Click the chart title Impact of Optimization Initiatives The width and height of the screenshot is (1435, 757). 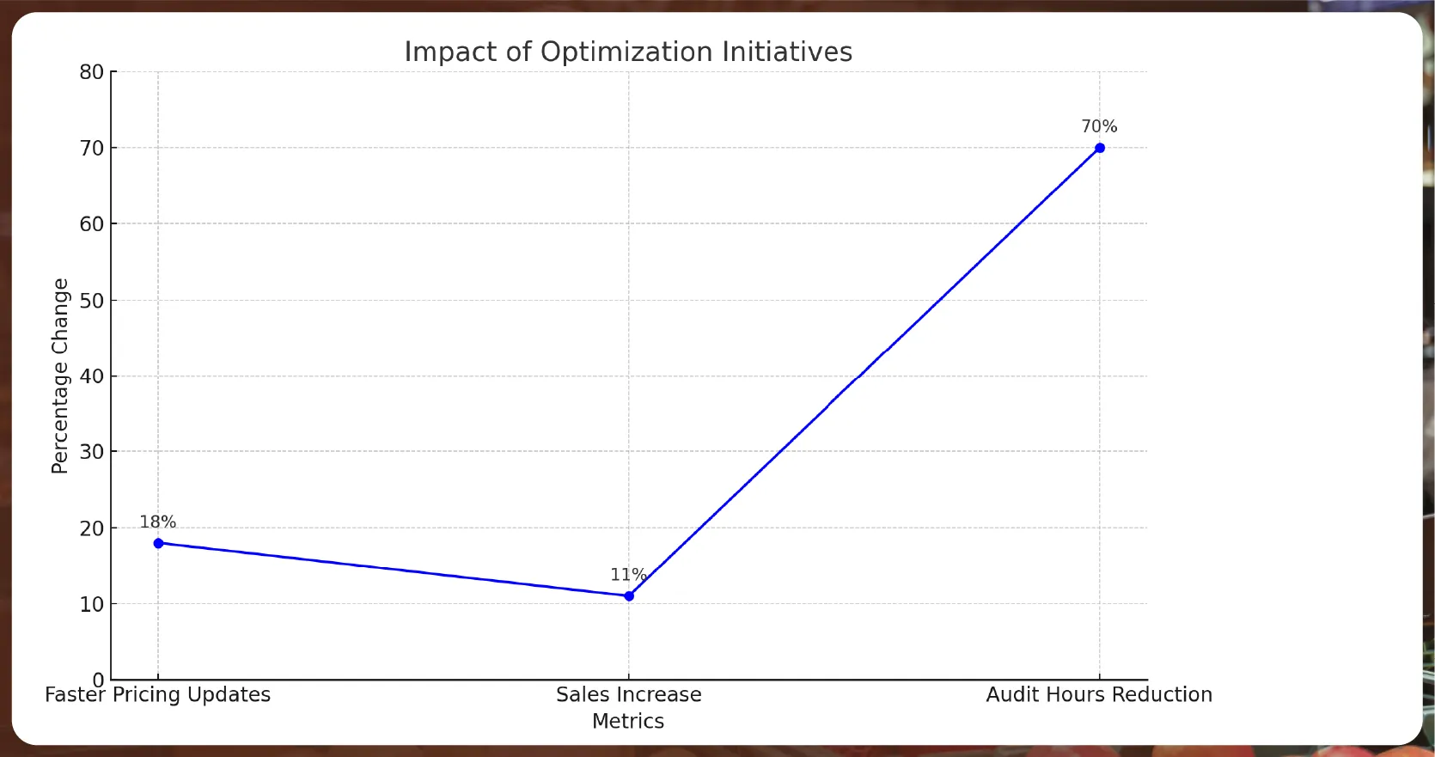pyautogui.click(x=628, y=52)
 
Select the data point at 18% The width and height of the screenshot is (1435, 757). pyautogui.click(x=158, y=543)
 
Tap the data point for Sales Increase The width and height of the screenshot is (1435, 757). pyautogui.click(x=629, y=595)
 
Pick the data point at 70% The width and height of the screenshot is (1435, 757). pyautogui.click(x=1099, y=148)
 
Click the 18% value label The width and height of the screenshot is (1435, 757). pyautogui.click(x=158, y=522)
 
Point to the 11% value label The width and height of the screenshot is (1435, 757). pyautogui.click(x=628, y=574)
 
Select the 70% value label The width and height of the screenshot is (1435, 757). pyautogui.click(x=1099, y=126)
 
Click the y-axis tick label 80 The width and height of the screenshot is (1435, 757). pyautogui.click(x=91, y=72)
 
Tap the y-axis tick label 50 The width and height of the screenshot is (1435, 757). pyautogui.click(x=91, y=301)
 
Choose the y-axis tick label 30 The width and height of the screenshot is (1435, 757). pyautogui.click(x=91, y=452)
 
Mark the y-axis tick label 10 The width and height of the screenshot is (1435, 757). pyautogui.click(x=91, y=604)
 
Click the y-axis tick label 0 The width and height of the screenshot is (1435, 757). pyautogui.click(x=98, y=680)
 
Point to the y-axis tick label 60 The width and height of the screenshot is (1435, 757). pyautogui.click(x=91, y=224)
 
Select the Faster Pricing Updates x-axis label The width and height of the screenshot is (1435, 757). pyautogui.click(x=158, y=694)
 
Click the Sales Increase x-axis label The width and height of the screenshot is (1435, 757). pyautogui.click(x=628, y=694)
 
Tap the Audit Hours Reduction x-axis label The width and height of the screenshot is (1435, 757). pyautogui.click(x=1099, y=694)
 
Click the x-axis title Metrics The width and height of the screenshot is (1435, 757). pyautogui.click(x=628, y=721)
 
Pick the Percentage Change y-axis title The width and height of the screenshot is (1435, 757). pyautogui.click(x=59, y=375)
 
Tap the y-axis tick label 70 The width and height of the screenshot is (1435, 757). pyautogui.click(x=91, y=149)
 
